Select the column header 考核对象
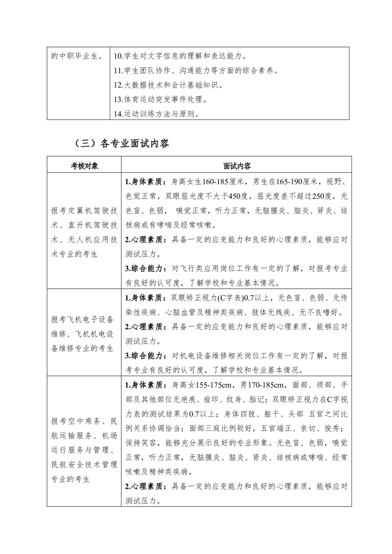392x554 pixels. pyautogui.click(x=84, y=166)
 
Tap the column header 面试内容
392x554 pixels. pyautogui.click(x=237, y=166)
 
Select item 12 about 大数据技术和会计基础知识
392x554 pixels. pyautogui.click(x=169, y=85)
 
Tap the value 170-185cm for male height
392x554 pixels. pyautogui.click(x=261, y=385)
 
